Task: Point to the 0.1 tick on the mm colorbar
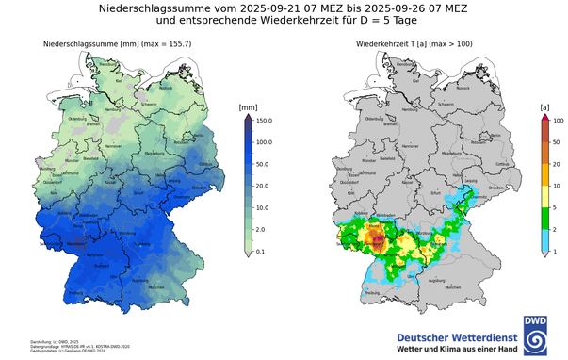pos(262,252)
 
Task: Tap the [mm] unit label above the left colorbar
pos(249,107)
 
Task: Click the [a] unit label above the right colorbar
pos(544,107)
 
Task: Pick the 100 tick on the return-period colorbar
pos(558,121)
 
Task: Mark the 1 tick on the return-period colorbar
pos(556,252)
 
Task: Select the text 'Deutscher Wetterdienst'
pos(456,335)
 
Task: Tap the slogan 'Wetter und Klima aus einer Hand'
pos(456,349)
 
